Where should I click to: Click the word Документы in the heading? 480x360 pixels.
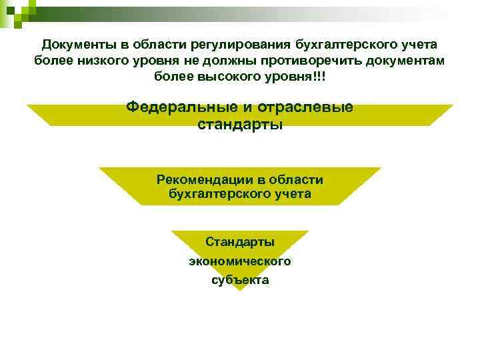(74, 45)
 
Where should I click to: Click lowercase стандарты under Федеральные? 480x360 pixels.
(240, 124)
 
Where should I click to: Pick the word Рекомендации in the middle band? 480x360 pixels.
(200, 179)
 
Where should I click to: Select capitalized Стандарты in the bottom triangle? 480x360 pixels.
(240, 242)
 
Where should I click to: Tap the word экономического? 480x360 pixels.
(240, 261)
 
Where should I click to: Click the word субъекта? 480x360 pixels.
(240, 279)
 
